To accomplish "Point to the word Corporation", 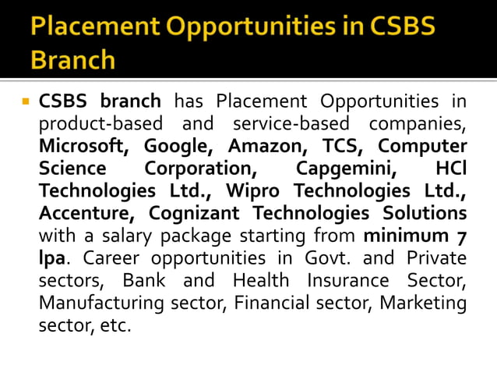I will [199, 169].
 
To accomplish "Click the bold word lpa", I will [51, 258].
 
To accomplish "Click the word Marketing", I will [425, 302].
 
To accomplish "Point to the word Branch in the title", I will [73, 59].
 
